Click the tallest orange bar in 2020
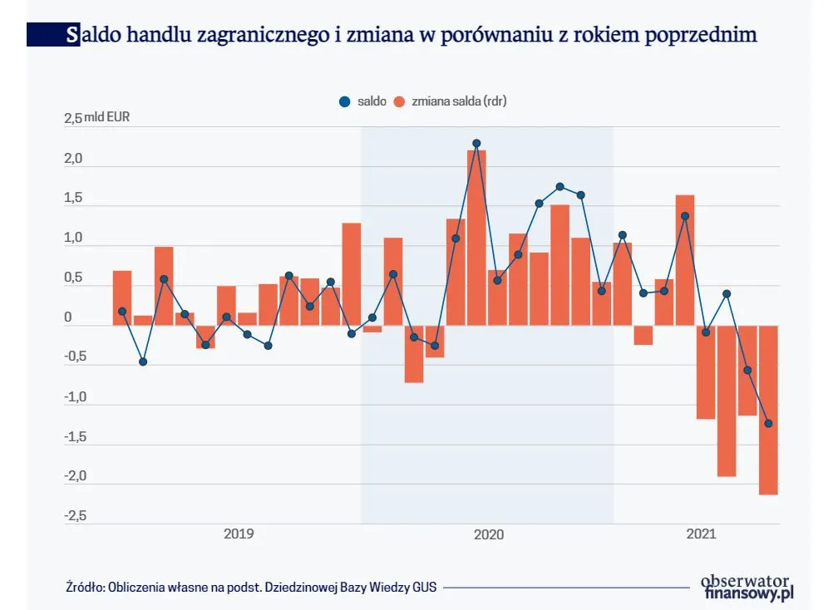476,237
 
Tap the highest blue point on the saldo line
476,143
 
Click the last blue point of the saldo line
768,423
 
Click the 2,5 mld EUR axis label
96,117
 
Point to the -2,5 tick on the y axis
75,516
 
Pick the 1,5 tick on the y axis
75,198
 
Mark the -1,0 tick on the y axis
75,396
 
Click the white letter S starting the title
73,35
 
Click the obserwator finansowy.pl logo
747,587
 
